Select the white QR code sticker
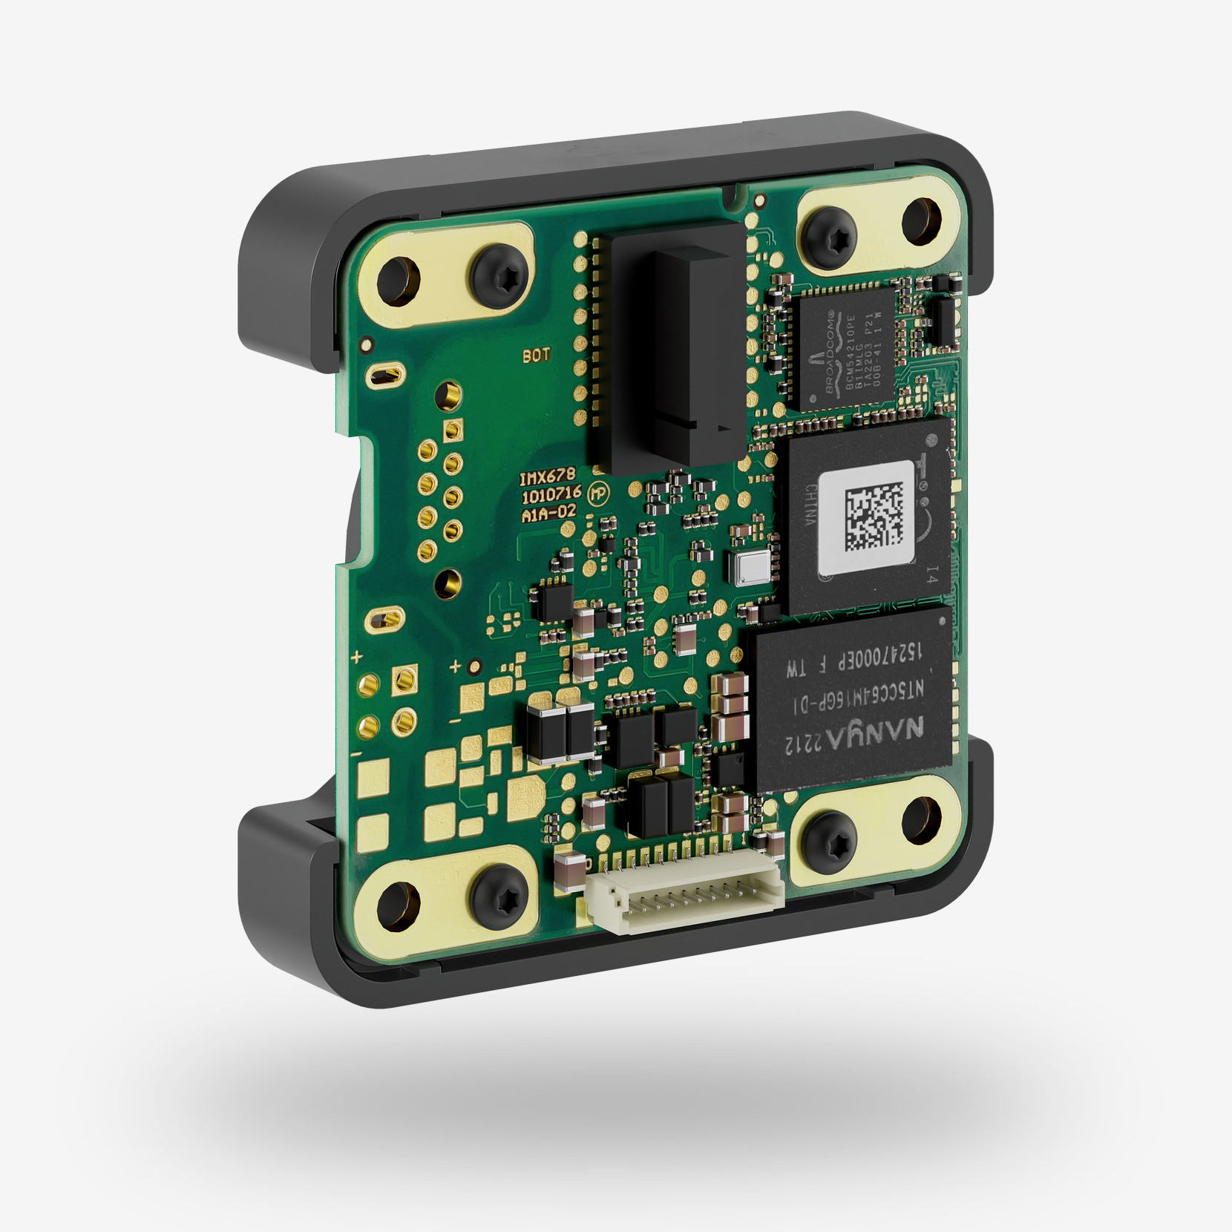[867, 517]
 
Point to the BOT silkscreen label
[536, 355]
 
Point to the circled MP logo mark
[596, 493]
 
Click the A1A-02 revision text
[548, 513]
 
